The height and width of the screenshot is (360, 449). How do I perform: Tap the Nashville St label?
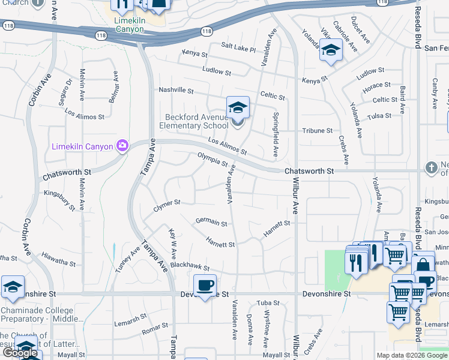coord(176,91)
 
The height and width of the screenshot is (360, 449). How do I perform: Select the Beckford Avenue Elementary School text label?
coord(194,122)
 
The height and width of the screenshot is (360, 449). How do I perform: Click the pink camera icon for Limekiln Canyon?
coord(122,145)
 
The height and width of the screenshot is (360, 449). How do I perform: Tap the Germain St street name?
coord(211,223)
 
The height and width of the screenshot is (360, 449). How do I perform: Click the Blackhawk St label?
coord(189,266)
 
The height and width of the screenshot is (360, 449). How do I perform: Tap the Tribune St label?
coord(317,130)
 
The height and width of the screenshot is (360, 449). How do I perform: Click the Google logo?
coord(21,352)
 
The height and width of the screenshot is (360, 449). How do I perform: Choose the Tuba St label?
coord(265,302)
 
